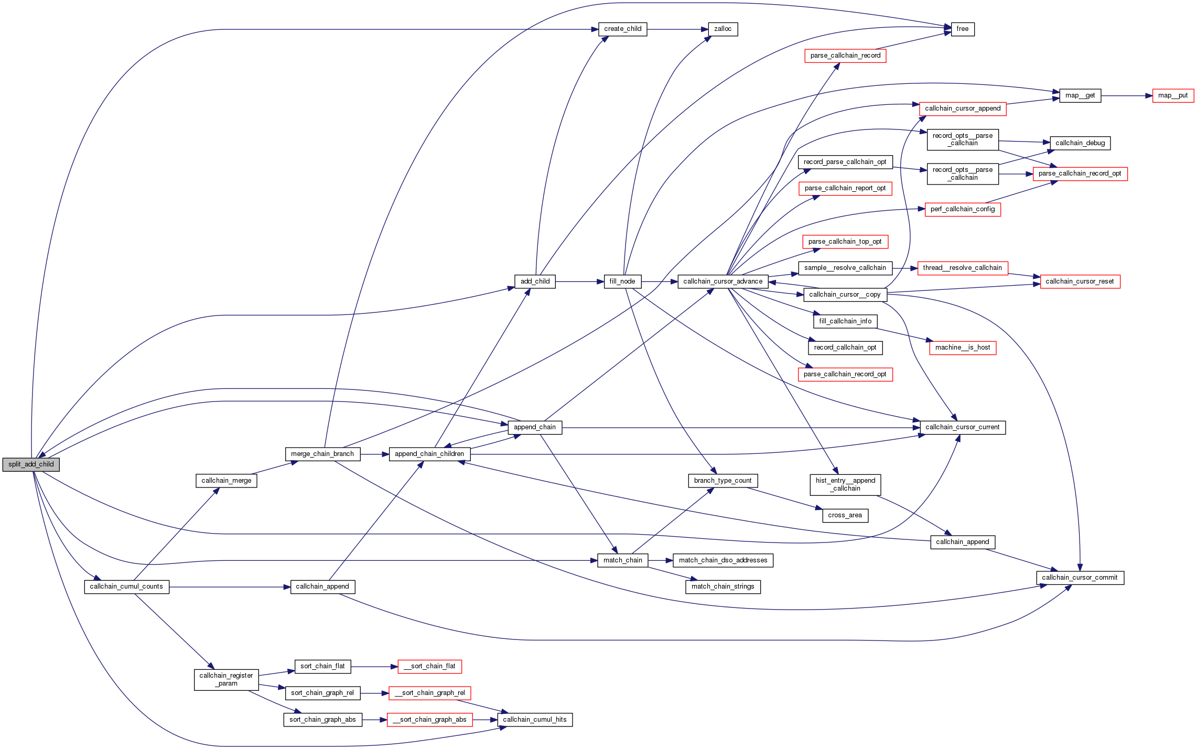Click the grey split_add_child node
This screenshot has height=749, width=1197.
31,464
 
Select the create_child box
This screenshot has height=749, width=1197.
622,29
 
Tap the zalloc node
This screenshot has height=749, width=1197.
722,29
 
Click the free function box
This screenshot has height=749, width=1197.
962,29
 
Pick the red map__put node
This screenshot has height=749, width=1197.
1172,96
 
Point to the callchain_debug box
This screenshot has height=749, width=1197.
1080,143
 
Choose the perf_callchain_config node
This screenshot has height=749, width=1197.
962,209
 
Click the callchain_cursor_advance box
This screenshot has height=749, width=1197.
722,281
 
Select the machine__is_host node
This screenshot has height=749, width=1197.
962,348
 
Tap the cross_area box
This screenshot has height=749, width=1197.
845,515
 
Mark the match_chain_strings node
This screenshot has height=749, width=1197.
722,587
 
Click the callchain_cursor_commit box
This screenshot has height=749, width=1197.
1080,578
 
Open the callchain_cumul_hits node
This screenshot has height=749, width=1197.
534,720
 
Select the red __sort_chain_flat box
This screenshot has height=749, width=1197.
429,666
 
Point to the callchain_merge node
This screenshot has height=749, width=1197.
226,481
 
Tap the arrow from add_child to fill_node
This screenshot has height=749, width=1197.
579,281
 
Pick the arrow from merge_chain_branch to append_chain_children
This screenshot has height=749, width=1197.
374,454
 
